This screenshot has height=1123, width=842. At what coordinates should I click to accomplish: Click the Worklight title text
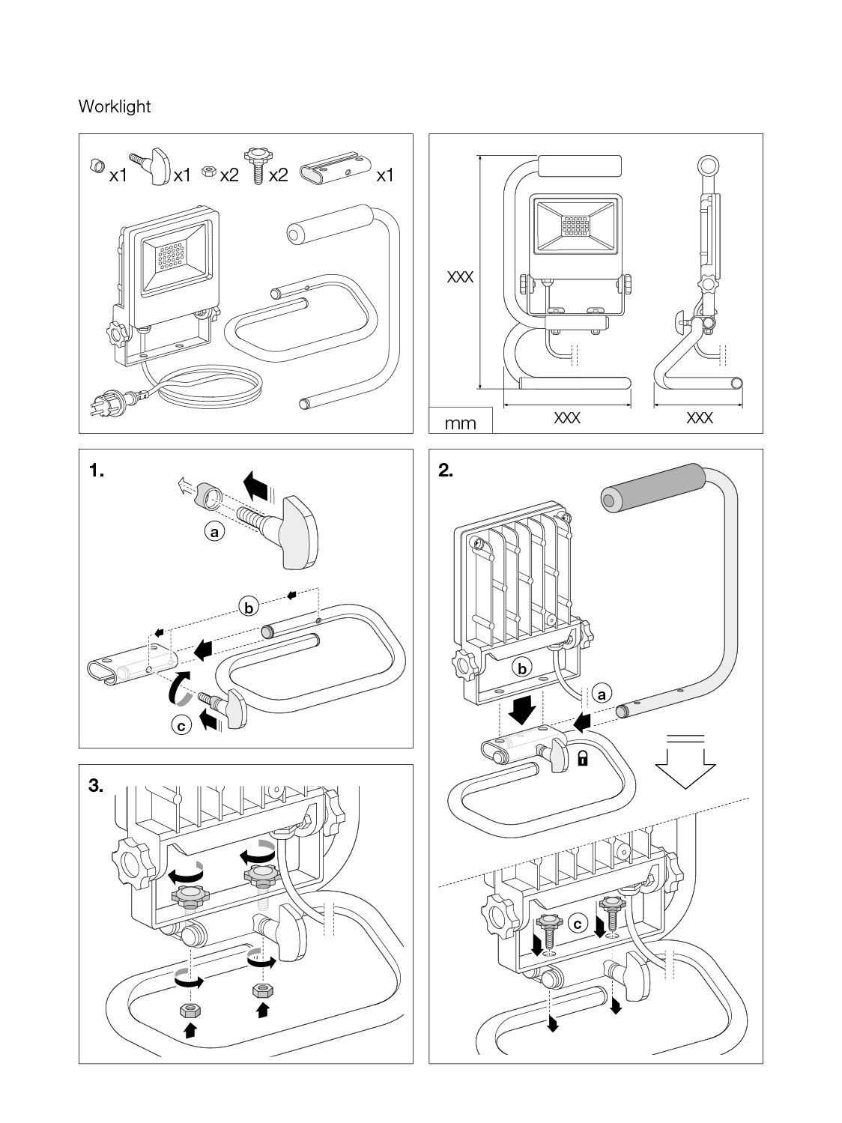115,106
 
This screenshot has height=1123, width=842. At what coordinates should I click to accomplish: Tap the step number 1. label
97,470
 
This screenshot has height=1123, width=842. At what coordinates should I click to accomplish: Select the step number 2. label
446,470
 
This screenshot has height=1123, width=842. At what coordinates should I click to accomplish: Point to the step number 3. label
97,785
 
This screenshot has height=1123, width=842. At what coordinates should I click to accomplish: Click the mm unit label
460,423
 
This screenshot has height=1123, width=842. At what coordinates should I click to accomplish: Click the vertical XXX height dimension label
460,277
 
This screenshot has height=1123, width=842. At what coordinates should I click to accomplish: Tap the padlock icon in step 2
582,759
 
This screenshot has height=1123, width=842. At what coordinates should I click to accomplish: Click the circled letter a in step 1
215,532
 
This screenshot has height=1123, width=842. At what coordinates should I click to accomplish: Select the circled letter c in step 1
181,725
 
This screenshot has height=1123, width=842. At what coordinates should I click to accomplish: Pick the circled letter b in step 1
248,607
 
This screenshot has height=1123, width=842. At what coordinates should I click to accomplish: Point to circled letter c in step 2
577,924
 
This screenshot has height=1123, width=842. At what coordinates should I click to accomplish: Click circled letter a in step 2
601,694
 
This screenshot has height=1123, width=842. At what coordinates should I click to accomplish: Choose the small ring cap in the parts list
95,166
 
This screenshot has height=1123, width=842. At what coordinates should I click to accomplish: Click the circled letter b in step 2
522,667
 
